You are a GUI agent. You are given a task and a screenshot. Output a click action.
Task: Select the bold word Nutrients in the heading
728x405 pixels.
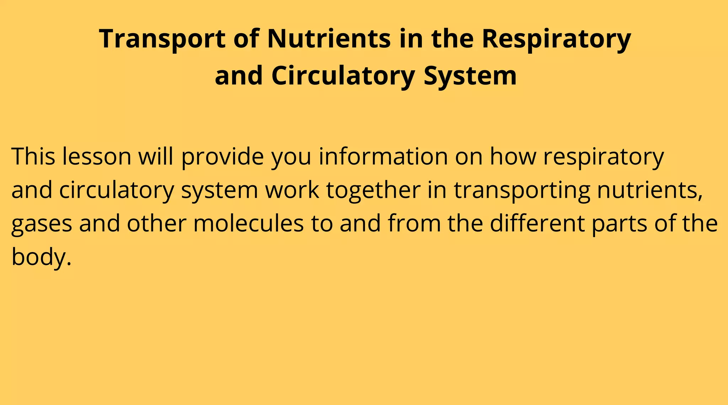click(x=329, y=38)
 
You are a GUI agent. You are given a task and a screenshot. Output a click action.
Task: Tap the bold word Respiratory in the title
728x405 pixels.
click(x=556, y=38)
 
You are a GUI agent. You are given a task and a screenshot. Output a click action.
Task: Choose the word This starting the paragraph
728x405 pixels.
click(x=33, y=156)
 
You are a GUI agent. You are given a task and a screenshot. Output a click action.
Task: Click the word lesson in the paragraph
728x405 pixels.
click(x=97, y=156)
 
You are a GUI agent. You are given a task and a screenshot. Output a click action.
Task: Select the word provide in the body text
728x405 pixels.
click(x=223, y=156)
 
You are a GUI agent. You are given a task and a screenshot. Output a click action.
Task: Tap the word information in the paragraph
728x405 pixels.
click(x=383, y=156)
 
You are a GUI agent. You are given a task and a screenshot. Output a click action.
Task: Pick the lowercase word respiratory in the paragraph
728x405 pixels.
click(x=603, y=156)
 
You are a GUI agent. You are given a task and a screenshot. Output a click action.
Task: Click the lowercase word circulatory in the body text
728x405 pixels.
click(x=117, y=190)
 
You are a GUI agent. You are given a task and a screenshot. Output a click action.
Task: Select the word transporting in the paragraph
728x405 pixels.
click(x=522, y=190)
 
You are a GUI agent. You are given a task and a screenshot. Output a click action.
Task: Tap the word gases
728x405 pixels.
click(x=42, y=223)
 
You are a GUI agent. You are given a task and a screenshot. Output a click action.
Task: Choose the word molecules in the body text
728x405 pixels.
click(x=248, y=223)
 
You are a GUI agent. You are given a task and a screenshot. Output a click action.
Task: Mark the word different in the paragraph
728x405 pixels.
click(x=537, y=223)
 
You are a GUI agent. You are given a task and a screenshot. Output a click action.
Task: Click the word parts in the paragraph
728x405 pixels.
click(x=619, y=223)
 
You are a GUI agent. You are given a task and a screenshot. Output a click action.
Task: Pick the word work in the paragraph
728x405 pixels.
click(x=292, y=190)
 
